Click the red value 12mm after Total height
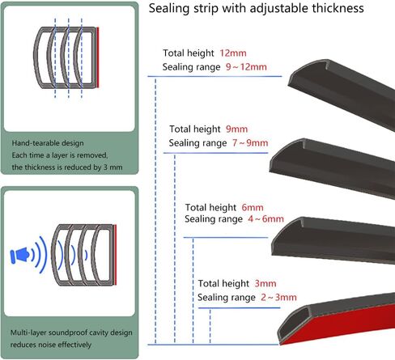coord(233,53)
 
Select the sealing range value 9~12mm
coord(246,67)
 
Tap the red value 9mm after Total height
coord(236,129)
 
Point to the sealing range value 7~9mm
coord(250,143)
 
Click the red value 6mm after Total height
coord(253,207)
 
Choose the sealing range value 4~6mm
coord(265,218)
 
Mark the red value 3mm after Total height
coord(265,283)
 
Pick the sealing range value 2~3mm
coord(278,298)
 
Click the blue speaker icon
coord(19,255)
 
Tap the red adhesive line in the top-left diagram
coord(98,57)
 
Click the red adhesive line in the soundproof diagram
coord(115,255)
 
